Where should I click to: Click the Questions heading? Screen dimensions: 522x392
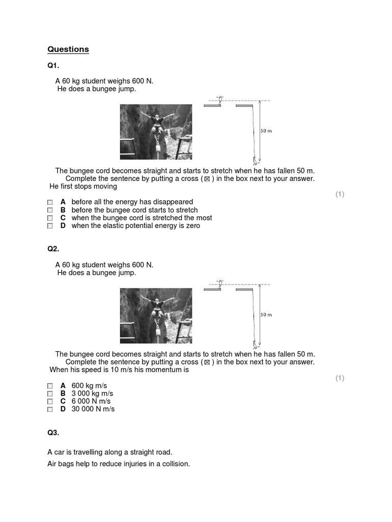tap(68, 49)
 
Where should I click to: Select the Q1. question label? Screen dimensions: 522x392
tap(53, 65)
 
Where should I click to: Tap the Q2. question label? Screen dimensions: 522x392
tap(53, 249)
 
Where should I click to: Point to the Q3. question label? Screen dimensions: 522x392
tap(53, 433)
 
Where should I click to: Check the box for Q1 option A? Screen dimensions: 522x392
tap(50, 202)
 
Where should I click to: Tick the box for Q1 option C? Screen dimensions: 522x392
tap(50, 218)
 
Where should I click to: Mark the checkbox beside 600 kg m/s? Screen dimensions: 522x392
tap(50, 386)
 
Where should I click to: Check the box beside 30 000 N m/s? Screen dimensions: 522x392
tap(50, 409)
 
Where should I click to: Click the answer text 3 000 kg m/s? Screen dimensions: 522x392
tap(92, 394)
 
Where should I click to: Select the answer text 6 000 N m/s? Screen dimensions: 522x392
tap(91, 401)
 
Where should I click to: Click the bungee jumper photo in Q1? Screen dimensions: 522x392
tap(156, 132)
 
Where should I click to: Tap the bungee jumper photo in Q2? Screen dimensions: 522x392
tap(156, 316)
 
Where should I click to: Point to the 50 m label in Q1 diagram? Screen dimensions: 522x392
tap(266, 131)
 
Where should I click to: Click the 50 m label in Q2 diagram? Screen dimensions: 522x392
tap(266, 315)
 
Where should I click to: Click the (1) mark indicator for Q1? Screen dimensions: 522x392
tap(340, 194)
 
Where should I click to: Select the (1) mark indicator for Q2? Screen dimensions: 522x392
tap(340, 378)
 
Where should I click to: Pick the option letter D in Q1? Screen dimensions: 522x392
tap(63, 226)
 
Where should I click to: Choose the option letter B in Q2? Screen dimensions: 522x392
tap(63, 394)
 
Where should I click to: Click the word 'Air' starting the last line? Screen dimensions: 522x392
tap(53, 464)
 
